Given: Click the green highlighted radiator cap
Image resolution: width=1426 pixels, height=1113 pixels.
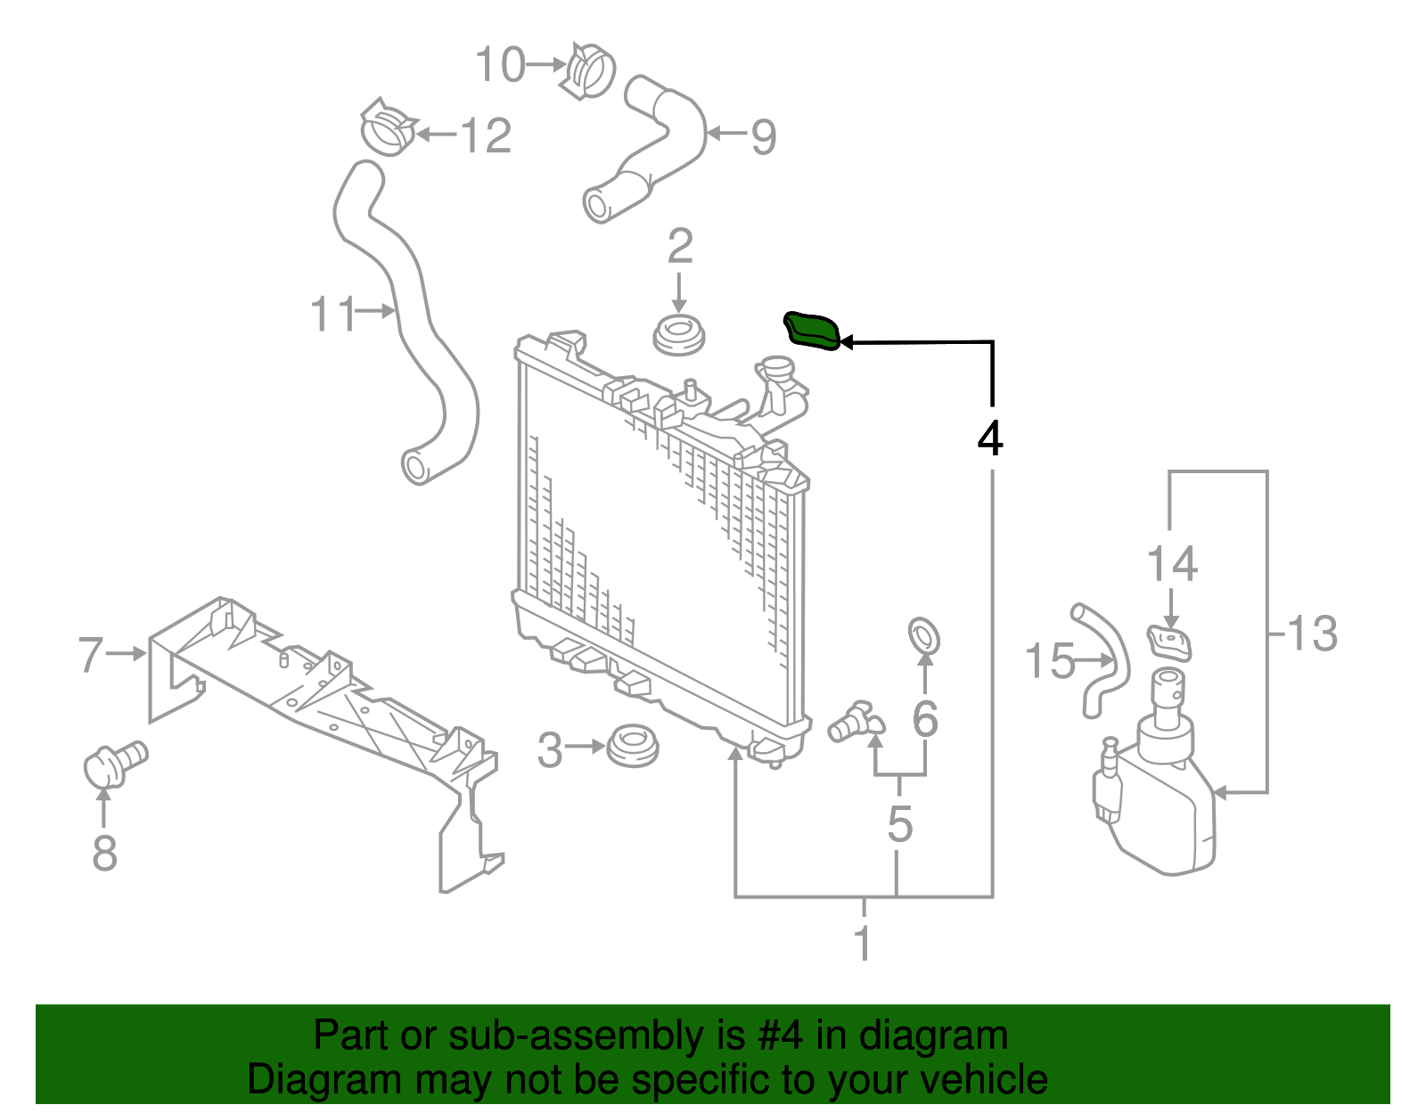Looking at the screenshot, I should pos(811,331).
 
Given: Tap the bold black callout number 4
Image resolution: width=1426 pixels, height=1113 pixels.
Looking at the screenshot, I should pos(990,438).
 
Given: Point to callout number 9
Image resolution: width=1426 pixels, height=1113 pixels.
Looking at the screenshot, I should pos(764,136).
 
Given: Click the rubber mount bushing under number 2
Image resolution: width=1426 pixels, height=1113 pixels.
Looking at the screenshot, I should pos(679,335).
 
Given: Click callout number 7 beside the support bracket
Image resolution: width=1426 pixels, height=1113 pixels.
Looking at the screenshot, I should pos(91,654).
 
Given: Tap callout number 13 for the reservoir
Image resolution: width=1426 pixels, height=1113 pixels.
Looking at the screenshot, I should pos(1312,634).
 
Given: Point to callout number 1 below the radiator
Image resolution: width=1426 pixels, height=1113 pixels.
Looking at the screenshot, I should pos(863,943).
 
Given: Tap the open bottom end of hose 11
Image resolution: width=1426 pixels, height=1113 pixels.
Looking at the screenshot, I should pos(415,467).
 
